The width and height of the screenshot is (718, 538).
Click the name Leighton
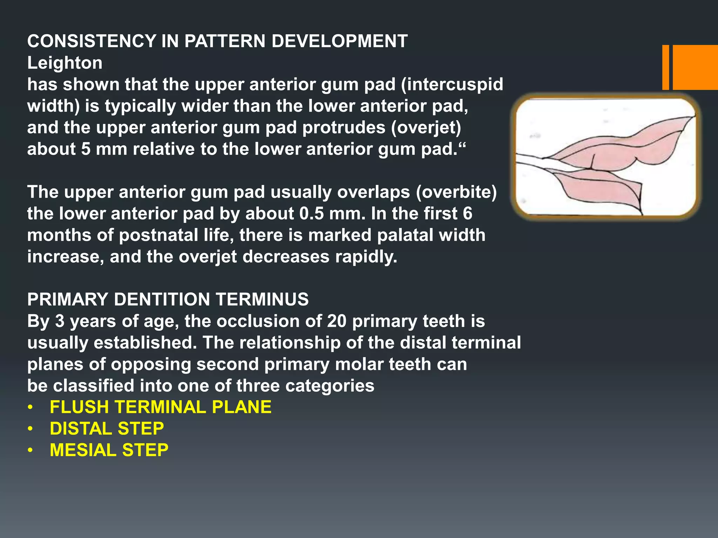(65, 63)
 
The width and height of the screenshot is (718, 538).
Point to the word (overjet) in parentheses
(426, 127)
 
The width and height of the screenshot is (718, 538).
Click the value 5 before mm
(86, 149)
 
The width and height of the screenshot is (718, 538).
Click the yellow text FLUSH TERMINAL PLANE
(161, 407)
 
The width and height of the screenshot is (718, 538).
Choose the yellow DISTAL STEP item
(107, 429)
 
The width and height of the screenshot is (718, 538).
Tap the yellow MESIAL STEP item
(109, 450)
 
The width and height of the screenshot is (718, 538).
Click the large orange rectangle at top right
(695, 67)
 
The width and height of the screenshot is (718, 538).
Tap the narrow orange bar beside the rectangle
(665, 67)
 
